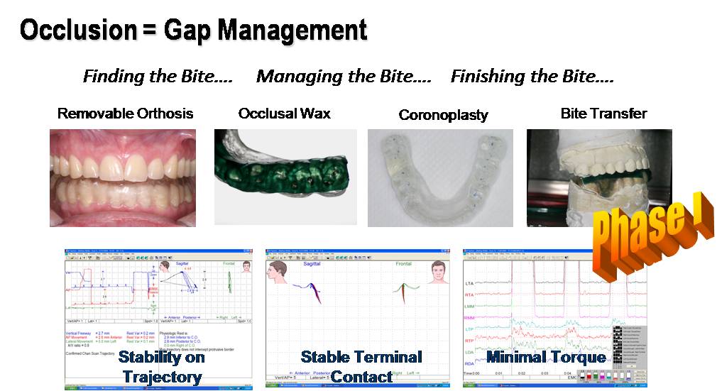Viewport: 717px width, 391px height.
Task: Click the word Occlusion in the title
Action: pos(78,30)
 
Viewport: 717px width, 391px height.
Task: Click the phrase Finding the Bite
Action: pos(158,77)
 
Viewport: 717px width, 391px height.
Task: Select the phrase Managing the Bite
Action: pos(344,77)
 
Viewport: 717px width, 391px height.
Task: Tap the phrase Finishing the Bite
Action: pos(532,77)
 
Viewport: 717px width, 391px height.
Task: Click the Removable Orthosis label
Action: pos(125,114)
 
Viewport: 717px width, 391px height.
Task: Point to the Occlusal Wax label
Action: pos(284,114)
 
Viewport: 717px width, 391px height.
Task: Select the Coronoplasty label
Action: pos(443,115)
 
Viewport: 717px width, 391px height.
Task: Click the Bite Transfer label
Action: pos(603,114)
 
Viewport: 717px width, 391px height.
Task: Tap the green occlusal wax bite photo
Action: pos(285,177)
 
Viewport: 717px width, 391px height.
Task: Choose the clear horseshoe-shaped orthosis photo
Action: pos(440,177)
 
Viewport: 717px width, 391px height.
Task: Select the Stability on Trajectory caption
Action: pos(161,366)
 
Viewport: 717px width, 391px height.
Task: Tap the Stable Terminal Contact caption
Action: pos(361,366)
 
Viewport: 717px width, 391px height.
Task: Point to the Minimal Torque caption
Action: pos(546,357)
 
